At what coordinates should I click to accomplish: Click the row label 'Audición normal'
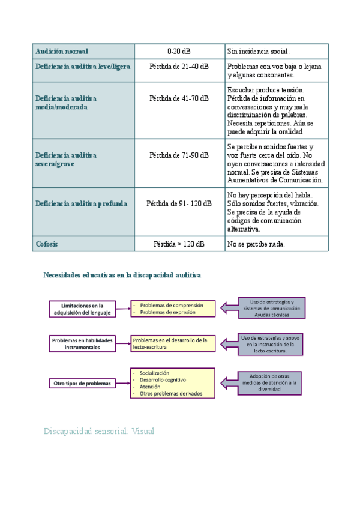coord(62,52)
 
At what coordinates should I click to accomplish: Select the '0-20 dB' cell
coord(179,52)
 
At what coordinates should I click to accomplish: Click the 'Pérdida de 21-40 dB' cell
coord(179,67)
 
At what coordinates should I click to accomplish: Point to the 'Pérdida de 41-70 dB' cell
coord(179,98)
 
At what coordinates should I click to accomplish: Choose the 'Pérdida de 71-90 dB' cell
coord(179,155)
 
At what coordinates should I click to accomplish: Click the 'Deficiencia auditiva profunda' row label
coord(81,203)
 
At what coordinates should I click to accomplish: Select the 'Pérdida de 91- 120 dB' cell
coord(179,203)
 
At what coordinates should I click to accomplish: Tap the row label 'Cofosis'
coord(47,244)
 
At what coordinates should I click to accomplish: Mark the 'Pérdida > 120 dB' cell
coord(179,244)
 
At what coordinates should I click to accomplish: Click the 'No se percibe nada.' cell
coord(256,244)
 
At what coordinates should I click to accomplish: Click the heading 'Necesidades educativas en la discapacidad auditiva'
coord(122,274)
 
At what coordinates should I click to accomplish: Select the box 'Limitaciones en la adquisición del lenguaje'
coord(82,308)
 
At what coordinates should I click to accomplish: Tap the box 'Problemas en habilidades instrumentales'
coord(82,343)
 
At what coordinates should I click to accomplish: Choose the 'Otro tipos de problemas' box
coord(82,383)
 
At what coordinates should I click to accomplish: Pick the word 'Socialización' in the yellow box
coord(154,373)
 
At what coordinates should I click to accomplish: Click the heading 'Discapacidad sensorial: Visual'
coord(99,431)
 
